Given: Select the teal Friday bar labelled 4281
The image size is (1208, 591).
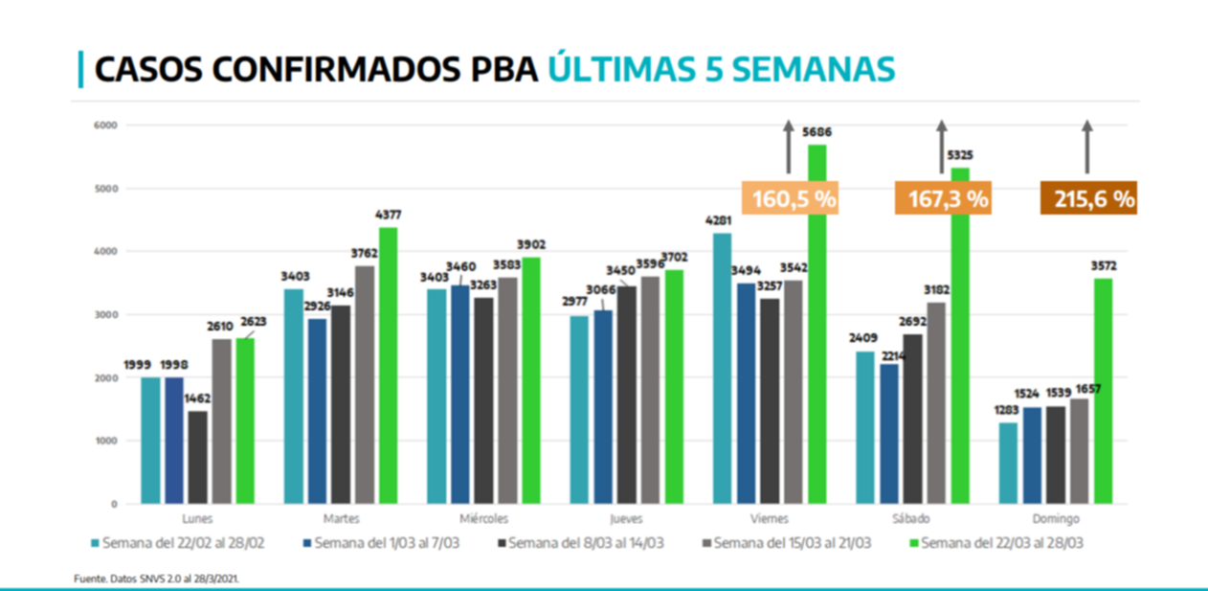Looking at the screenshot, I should [723, 368].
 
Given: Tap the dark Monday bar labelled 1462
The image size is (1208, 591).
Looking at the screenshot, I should [197, 457].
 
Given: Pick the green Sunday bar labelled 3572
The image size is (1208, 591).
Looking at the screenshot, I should [1103, 390].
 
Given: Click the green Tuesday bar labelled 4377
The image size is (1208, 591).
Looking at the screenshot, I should [388, 365].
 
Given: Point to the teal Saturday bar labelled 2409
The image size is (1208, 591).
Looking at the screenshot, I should [865, 427].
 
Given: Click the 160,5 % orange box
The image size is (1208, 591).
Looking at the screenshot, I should [794, 199].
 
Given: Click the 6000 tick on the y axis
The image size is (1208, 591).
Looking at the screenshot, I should [105, 125].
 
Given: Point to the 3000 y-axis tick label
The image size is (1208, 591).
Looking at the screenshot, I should [105, 315].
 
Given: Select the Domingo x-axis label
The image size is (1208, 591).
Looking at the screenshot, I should [1056, 518].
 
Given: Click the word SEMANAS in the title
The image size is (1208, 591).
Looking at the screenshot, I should [817, 70].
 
